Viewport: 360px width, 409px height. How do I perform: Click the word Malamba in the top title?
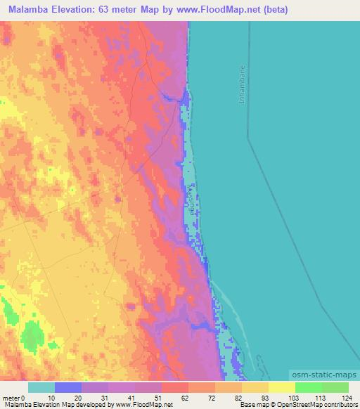coord(30,10)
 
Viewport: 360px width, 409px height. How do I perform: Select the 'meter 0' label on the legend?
coord(15,398)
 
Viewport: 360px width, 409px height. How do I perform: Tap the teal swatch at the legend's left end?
coord(41,387)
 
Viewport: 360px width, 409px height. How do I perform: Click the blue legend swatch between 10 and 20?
coord(68,387)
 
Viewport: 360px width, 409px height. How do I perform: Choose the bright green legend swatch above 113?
coord(309,387)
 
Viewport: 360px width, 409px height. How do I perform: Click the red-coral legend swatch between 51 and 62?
coord(175,387)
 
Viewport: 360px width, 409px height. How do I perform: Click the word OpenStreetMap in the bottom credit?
coord(295,405)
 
